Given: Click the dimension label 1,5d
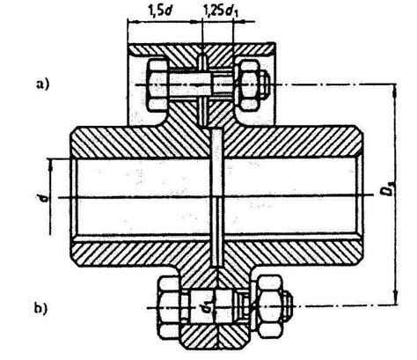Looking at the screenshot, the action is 160,11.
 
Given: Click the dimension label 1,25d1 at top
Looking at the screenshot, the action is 220,11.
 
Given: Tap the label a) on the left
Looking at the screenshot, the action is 42,84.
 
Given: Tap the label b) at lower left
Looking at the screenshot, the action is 40,309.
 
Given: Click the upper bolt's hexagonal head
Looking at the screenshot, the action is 157,84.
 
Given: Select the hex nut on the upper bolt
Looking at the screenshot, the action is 249,84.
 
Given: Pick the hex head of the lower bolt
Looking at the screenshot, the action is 170,307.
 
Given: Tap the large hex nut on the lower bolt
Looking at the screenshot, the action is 269,306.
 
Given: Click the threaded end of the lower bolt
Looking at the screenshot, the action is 288,306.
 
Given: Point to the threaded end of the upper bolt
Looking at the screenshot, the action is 266,84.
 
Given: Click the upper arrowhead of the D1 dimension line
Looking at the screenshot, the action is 396,90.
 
